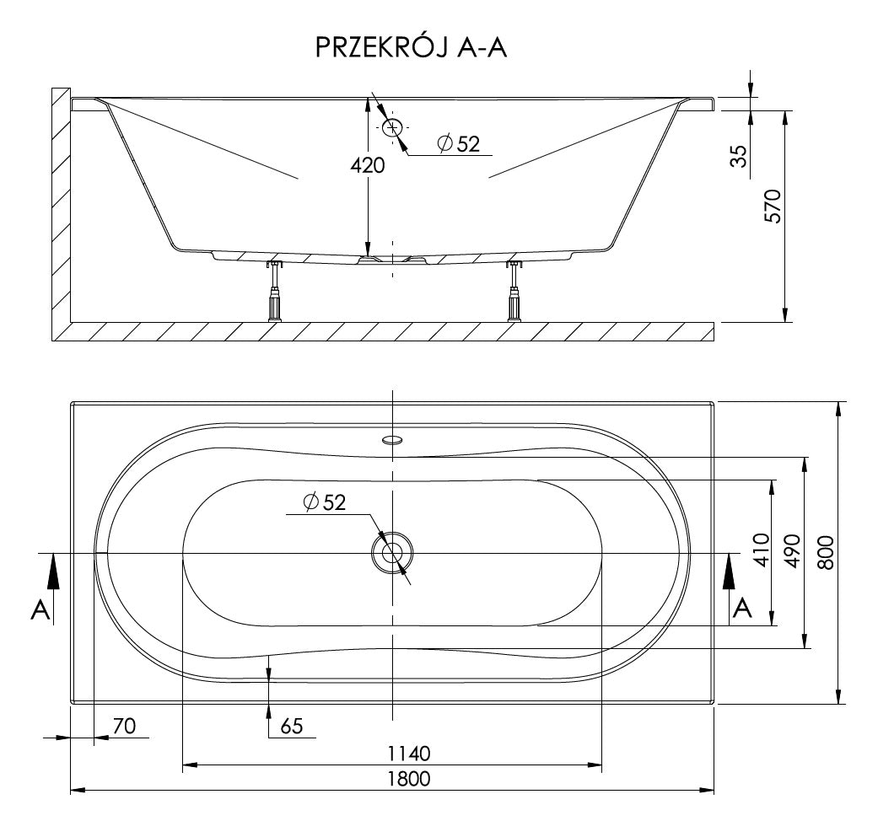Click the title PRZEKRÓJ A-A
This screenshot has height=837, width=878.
coord(411,47)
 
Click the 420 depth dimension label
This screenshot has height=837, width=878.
coord(368,165)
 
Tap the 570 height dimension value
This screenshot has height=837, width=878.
coord(773,207)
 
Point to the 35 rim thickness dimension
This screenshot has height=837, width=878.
coord(741,156)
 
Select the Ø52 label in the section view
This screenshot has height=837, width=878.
coord(459,144)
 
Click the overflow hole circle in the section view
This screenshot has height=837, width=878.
coord(392,127)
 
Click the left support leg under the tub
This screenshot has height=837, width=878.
coord(275,292)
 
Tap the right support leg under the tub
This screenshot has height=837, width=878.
coord(514,292)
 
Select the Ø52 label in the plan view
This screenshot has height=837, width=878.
coord(325,502)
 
